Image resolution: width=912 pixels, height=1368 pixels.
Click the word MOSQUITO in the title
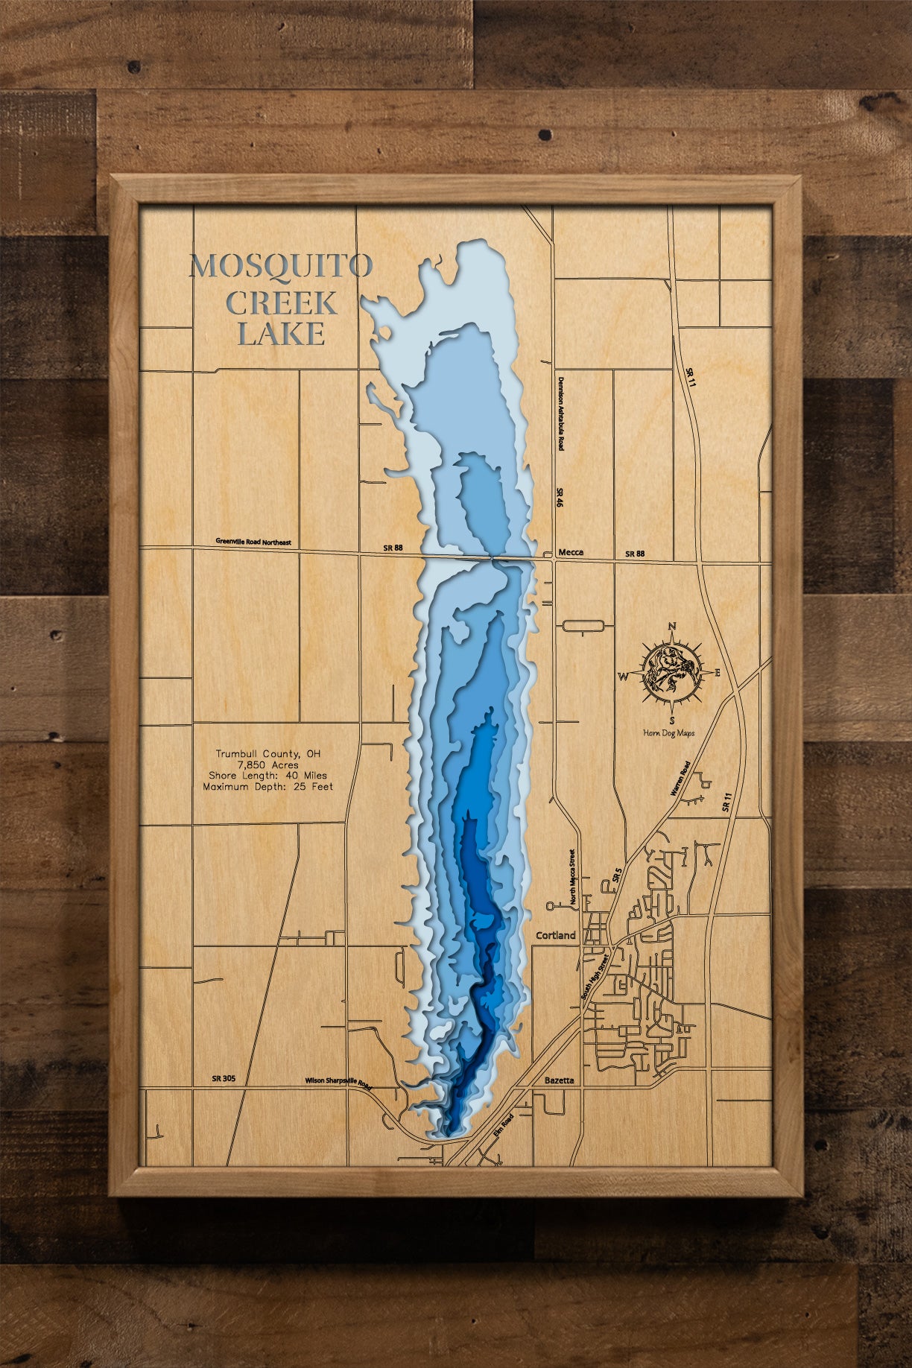click(281, 266)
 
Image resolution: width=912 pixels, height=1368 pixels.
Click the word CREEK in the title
click(282, 303)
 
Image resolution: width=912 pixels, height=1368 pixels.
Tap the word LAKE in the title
click(282, 334)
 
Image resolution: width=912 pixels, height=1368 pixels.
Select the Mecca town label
click(570, 552)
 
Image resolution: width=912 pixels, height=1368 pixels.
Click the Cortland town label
click(556, 935)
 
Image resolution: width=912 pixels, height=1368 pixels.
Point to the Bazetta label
click(560, 1080)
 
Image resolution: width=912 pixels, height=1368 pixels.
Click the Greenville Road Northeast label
click(253, 542)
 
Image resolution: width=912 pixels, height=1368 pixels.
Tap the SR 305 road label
click(224, 1078)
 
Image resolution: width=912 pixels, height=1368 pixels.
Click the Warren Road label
click(680, 779)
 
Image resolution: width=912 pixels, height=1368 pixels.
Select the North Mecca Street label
click(572, 877)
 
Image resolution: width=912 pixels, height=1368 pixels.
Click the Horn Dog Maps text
click(668, 733)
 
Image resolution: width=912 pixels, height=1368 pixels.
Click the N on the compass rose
click(671, 626)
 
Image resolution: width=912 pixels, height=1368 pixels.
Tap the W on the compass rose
click(622, 677)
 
